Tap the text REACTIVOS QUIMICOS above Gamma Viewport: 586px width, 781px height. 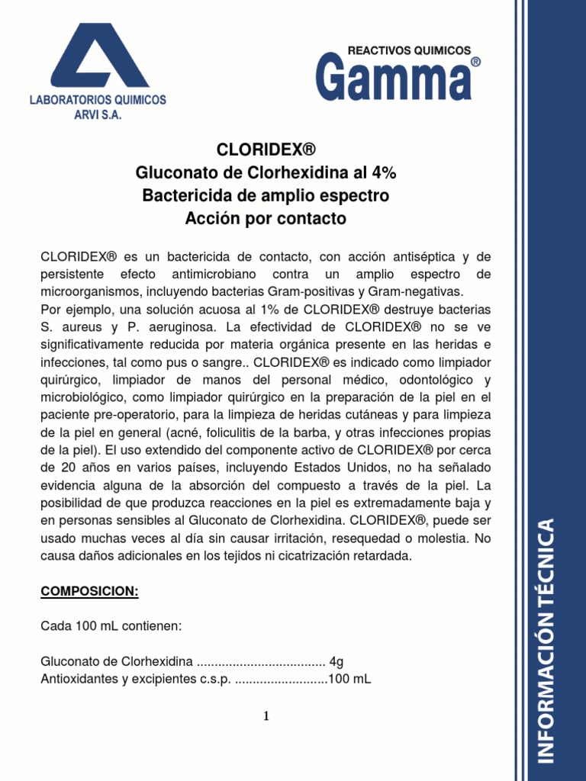tap(409, 50)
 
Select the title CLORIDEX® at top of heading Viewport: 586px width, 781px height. tap(266, 149)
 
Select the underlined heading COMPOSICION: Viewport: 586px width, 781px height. tap(89, 592)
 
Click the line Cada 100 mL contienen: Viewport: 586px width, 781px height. tap(111, 626)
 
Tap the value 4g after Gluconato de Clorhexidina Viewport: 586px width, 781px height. tap(336, 662)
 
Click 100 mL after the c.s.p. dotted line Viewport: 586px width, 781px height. tap(350, 679)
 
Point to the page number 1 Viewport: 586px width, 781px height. tap(266, 716)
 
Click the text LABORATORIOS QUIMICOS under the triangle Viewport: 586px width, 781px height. tap(97, 101)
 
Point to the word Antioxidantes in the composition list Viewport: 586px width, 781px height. tap(80, 679)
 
